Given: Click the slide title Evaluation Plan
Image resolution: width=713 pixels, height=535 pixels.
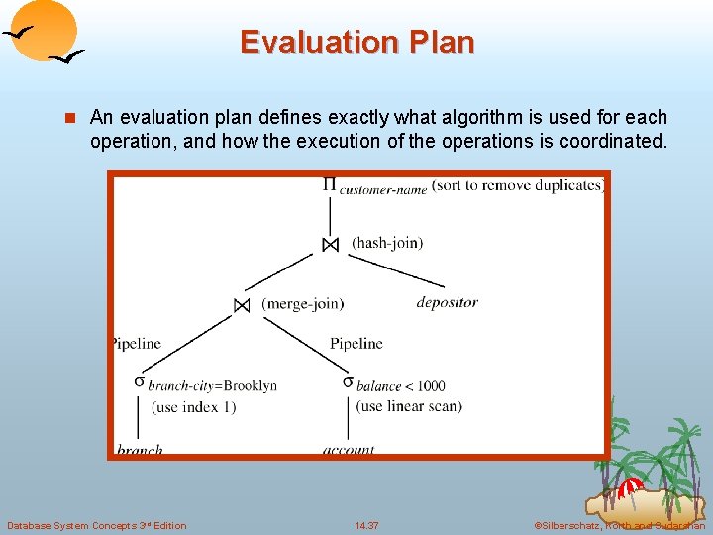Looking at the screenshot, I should pyautogui.click(x=356, y=42).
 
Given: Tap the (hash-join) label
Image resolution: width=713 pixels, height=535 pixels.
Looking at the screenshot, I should pyautogui.click(x=387, y=243).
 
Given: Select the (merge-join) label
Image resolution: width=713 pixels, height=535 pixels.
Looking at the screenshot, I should pyautogui.click(x=302, y=304).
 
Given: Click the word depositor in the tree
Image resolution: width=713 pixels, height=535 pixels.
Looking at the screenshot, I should pyautogui.click(x=447, y=302).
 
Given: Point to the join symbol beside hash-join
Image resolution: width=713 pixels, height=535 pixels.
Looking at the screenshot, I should pyautogui.click(x=330, y=244).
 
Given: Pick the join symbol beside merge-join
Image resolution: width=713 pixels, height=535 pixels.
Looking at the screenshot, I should pyautogui.click(x=242, y=305).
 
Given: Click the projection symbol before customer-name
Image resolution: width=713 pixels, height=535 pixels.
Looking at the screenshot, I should pyautogui.click(x=329, y=184).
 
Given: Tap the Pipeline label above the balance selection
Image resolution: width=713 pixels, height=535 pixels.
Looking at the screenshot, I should pyautogui.click(x=356, y=344).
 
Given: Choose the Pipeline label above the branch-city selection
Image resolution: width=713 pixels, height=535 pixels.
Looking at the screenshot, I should pyautogui.click(x=136, y=344).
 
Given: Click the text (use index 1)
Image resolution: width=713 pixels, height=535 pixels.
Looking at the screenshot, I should pyautogui.click(x=193, y=407).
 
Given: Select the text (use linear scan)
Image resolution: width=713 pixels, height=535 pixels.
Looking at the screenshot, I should pyautogui.click(x=409, y=406).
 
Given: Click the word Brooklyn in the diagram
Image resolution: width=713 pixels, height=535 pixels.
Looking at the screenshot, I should pyautogui.click(x=253, y=386).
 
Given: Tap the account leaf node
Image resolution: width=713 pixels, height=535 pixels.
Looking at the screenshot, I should pyautogui.click(x=349, y=450).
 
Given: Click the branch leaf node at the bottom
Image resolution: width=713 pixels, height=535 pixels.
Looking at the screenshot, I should pyautogui.click(x=140, y=450).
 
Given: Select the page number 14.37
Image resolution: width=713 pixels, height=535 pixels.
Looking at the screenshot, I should pyautogui.click(x=366, y=525).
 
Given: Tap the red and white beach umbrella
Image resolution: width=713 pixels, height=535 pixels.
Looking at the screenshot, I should pyautogui.click(x=630, y=488).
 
